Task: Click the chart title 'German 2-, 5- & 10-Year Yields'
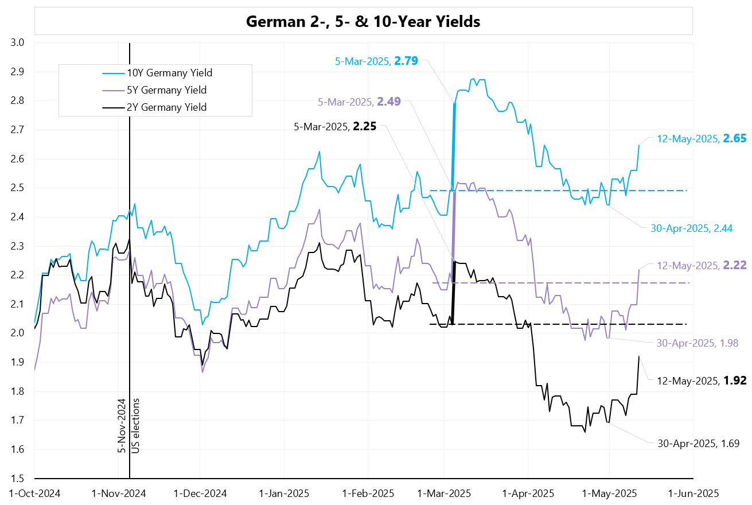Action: pos(363,22)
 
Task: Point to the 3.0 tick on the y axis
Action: pos(17,42)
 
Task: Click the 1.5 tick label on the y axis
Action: pos(17,479)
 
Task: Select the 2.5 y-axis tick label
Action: pos(17,188)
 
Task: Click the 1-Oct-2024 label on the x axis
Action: pos(34,493)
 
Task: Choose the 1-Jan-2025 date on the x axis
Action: pos(285,493)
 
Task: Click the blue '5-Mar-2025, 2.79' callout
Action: pos(376,60)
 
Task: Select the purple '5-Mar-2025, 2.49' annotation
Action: pos(359,102)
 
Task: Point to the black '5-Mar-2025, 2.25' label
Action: pos(335,127)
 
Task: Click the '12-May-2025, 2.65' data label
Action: pos(702,139)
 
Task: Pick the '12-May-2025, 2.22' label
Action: pos(702,265)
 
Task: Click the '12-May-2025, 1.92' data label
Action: pos(702,380)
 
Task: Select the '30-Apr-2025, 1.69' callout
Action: pos(698,443)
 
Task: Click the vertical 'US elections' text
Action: pos(135,425)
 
